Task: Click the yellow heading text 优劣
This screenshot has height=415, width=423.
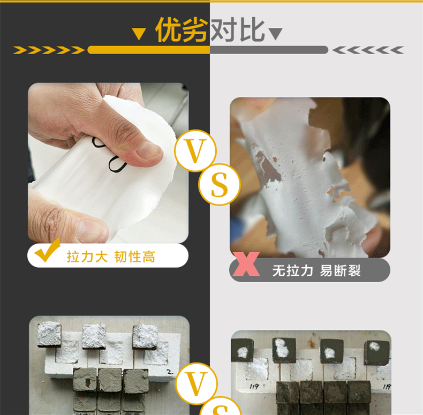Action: point(182,29)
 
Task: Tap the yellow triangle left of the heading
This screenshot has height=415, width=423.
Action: point(139,34)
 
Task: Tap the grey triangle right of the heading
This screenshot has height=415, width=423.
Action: point(276,34)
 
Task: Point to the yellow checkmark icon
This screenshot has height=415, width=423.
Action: point(47,250)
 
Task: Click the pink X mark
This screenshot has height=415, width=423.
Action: point(246,264)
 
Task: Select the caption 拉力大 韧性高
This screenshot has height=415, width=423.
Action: point(111,256)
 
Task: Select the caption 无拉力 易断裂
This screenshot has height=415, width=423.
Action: point(316,270)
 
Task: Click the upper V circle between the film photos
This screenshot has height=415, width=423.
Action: point(195,150)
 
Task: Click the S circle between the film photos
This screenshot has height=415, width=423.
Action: point(220,185)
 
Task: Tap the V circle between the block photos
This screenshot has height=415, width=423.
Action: point(196,384)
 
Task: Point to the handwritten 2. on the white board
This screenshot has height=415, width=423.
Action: point(170,372)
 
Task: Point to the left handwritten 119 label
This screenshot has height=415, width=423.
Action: point(254,387)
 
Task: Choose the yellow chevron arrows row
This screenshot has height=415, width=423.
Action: point(49,50)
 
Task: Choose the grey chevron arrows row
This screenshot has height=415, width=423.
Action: point(368,50)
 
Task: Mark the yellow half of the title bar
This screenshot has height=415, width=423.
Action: point(149,50)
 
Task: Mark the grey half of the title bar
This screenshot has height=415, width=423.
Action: point(269,50)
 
